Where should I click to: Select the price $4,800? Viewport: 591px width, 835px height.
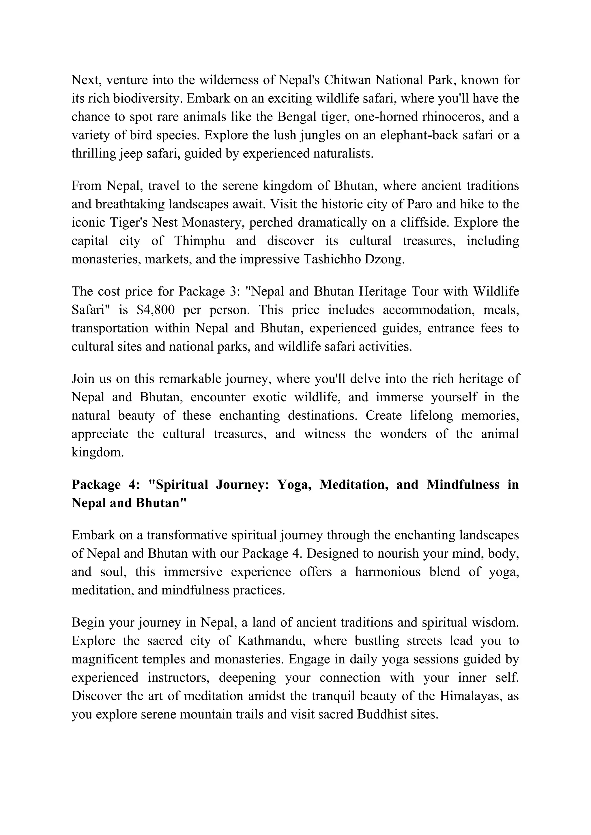click(x=156, y=310)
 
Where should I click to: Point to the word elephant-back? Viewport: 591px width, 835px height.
click(x=414, y=135)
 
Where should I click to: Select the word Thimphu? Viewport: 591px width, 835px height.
click(x=199, y=241)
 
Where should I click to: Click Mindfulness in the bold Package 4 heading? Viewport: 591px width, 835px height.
click(x=463, y=485)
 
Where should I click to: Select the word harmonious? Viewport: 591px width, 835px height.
click(x=388, y=572)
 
